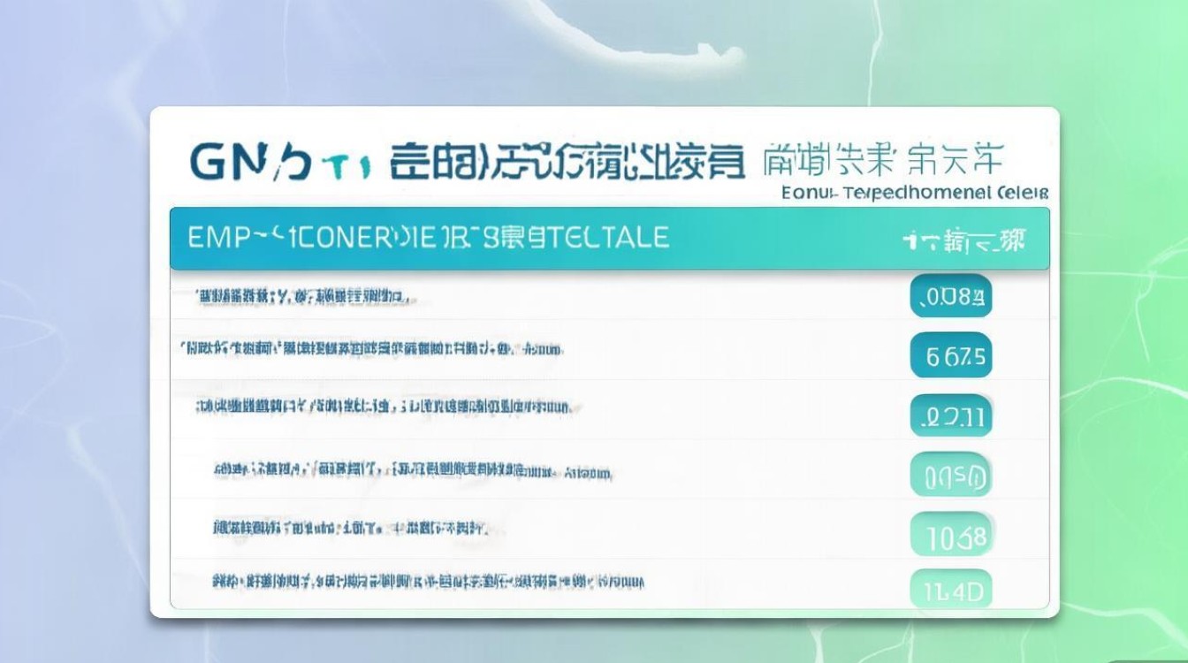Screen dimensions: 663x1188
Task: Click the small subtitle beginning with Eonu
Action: (915, 192)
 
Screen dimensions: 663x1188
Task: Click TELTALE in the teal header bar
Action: (611, 237)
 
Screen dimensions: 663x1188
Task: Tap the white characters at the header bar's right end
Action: (964, 240)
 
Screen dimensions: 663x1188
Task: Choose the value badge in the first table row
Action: (950, 297)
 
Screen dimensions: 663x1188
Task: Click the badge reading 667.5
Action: (950, 357)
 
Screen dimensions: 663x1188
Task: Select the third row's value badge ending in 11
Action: (950, 416)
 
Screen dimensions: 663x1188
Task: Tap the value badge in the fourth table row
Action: (950, 476)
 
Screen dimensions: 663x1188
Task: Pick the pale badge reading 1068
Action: (950, 536)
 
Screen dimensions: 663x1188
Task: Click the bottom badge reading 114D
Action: (950, 590)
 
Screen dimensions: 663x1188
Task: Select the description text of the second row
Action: (371, 349)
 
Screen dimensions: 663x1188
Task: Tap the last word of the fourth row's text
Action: (588, 472)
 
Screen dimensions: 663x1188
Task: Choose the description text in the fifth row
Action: (350, 529)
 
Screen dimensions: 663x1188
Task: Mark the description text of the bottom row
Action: (428, 582)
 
